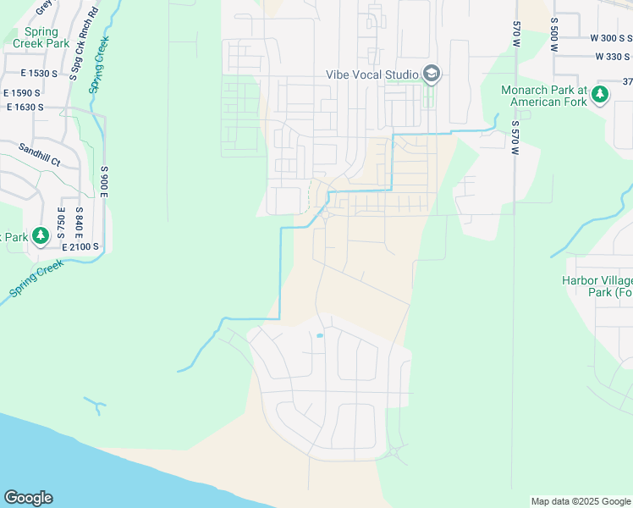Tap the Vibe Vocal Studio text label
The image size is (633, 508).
click(x=372, y=75)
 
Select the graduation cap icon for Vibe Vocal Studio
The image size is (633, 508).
click(x=432, y=75)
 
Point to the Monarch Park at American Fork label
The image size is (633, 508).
click(x=543, y=96)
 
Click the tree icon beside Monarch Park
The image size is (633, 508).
click(x=600, y=94)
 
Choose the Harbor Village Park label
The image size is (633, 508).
click(x=597, y=286)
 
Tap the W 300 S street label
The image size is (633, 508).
click(x=610, y=38)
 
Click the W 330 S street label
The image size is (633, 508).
click(x=613, y=57)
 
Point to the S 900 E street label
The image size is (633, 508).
click(x=105, y=180)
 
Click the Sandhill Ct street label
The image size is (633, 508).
click(x=39, y=153)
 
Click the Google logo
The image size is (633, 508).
click(x=28, y=498)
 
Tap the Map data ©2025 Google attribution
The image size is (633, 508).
click(x=581, y=501)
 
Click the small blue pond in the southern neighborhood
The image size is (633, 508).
click(x=319, y=336)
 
